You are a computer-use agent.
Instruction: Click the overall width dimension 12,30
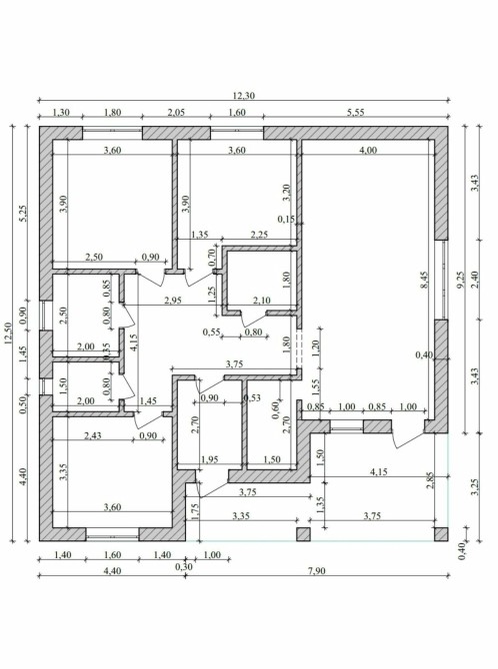coord(244,96)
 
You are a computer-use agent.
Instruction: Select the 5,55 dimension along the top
coord(356,112)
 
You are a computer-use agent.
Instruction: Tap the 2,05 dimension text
coord(176,112)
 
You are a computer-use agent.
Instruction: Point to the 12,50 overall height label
coord(9,334)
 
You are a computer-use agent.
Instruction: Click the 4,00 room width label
coord(368,150)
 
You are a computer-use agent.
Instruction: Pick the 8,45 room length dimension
coord(424,281)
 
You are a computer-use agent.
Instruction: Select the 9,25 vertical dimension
coord(460,281)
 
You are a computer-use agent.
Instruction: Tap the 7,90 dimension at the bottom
coord(317,571)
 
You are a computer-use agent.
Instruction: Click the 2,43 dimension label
coord(93,435)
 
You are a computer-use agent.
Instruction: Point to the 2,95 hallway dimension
coord(173,300)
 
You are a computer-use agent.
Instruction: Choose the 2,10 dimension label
coord(262,300)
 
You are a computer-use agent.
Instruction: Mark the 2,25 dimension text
coord(259,235)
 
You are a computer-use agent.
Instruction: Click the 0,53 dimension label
coord(252,398)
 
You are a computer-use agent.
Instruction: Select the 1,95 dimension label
coord(210,459)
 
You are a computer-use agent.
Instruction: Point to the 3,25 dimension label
coord(475,487)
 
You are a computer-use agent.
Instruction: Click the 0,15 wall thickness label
coord(286,219)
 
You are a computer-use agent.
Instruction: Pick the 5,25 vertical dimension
coord(23,214)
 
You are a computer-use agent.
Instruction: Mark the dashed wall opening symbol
coord(299,347)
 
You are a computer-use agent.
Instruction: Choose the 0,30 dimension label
coord(184,566)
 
